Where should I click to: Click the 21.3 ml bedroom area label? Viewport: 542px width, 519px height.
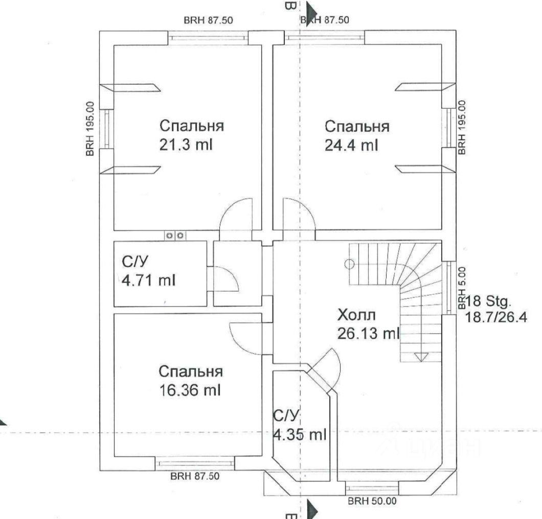pos(186,145)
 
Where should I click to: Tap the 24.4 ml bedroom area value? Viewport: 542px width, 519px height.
pos(351,146)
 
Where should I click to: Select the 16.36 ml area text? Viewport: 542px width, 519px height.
pos(190,390)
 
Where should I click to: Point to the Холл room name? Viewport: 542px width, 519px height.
pos(356,315)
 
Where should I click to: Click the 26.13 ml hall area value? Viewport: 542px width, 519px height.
pos(369,334)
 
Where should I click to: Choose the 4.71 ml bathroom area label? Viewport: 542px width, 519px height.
pos(149,280)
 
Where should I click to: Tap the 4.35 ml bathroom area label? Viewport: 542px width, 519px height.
pos(300,434)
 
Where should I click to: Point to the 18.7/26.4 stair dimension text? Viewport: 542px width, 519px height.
pos(496,317)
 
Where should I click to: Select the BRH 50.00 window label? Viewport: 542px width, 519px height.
pos(372,501)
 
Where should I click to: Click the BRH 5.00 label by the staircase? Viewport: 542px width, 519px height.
pos(462,288)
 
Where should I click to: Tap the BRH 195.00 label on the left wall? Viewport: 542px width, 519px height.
pos(90,128)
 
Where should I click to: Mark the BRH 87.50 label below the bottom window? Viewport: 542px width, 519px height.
pos(195,476)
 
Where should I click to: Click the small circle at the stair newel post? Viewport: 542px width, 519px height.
pos(349,264)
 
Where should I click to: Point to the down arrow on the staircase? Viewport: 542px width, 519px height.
pos(421,357)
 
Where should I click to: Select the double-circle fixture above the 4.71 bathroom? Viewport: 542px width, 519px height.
pos(175,236)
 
